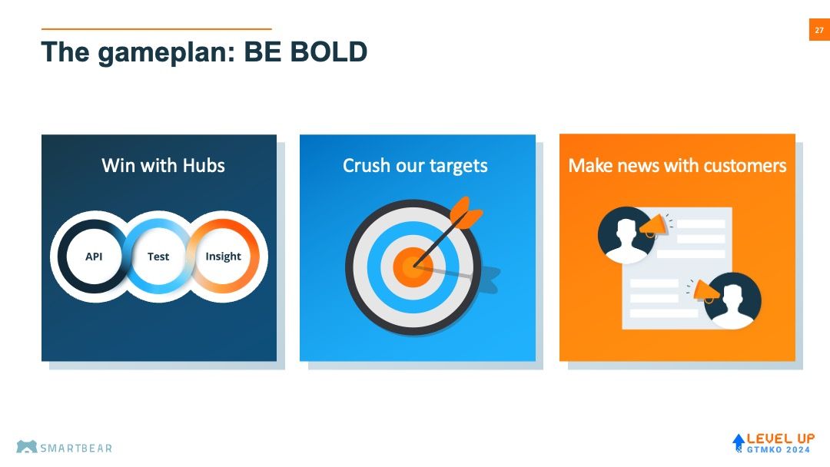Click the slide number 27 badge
[819, 30]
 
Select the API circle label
[94, 257]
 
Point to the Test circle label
[158, 257]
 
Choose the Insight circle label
[223, 257]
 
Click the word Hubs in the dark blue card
[204, 166]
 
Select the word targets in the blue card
[458, 166]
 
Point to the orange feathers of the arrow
[465, 213]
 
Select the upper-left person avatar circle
[625, 235]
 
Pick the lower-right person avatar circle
[733, 300]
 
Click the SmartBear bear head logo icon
[26, 447]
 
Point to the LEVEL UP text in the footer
[781, 439]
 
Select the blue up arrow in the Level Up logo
[739, 442]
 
